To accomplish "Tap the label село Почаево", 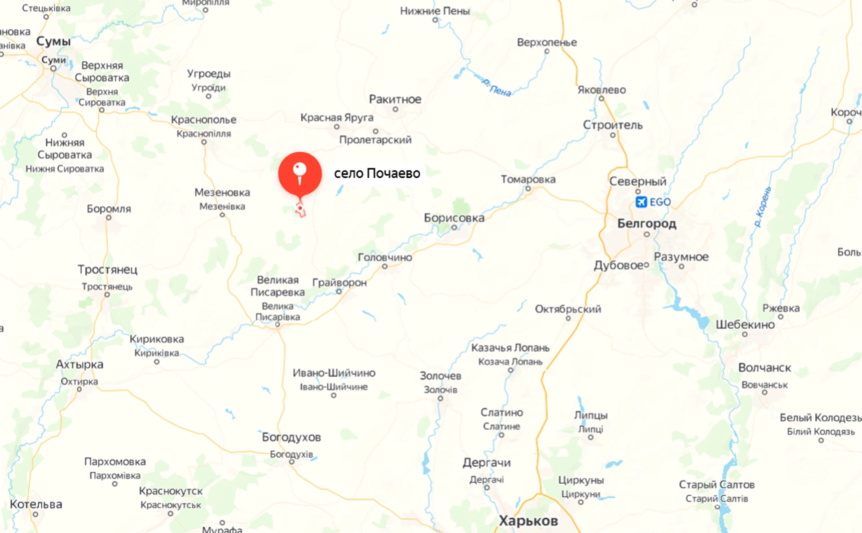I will pyautogui.click(x=377, y=173).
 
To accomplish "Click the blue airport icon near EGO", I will pyautogui.click(x=641, y=202).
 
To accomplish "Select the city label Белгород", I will pyautogui.click(x=646, y=223).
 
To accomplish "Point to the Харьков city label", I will pyautogui.click(x=528, y=521).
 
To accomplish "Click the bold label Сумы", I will pyautogui.click(x=53, y=41).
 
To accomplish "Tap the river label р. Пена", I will pyautogui.click(x=497, y=88).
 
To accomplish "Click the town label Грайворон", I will pyautogui.click(x=339, y=282).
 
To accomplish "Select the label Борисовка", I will pyautogui.click(x=454, y=218).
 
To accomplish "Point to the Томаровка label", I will pyautogui.click(x=528, y=179).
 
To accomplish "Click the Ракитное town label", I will pyautogui.click(x=395, y=99).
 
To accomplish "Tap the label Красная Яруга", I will pyautogui.click(x=337, y=118).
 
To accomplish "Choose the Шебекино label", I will pyautogui.click(x=745, y=325).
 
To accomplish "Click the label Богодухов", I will pyautogui.click(x=291, y=437).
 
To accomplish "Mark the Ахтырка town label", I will pyautogui.click(x=79, y=365).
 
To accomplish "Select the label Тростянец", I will pyautogui.click(x=107, y=269).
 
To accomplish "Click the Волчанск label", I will pyautogui.click(x=765, y=368).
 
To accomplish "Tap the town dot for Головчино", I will pyautogui.click(x=385, y=267).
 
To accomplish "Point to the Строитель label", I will pyautogui.click(x=612, y=125).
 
